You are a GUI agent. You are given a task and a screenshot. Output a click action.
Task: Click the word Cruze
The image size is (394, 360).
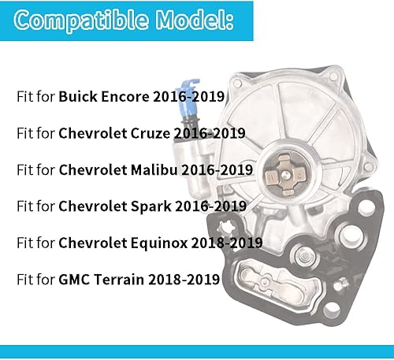[150, 134]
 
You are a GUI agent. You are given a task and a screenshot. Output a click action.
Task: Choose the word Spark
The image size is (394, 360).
[147, 206]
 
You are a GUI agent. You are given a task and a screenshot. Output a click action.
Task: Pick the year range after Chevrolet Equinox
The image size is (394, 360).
[225, 243]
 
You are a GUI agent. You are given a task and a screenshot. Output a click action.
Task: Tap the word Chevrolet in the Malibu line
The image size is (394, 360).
[91, 170]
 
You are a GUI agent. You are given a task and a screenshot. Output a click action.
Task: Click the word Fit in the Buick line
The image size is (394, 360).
[25, 98]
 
